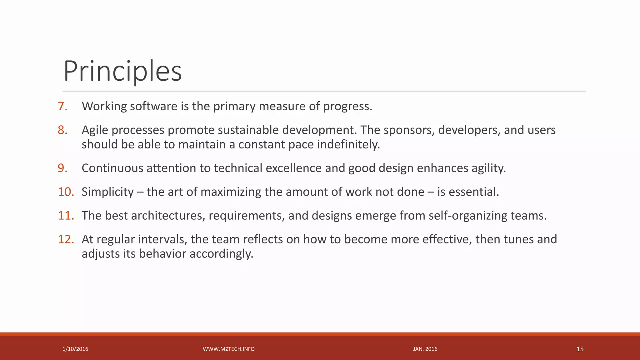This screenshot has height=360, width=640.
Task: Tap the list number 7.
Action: pyautogui.click(x=62, y=106)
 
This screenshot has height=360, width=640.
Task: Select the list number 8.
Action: pyautogui.click(x=62, y=130)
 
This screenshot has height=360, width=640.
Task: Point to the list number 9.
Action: pyautogui.click(x=62, y=168)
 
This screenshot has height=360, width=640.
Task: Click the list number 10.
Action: pyautogui.click(x=66, y=192)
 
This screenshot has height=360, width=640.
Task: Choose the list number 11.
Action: pyautogui.click(x=66, y=216)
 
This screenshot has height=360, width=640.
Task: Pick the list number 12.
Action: pyautogui.click(x=66, y=239)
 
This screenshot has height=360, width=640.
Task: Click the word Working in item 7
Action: pyautogui.click(x=104, y=107)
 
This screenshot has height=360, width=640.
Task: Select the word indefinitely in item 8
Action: pyautogui.click(x=348, y=144)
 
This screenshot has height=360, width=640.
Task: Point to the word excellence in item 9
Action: pyautogui.click(x=293, y=168)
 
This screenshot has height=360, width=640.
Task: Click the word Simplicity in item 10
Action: pyautogui.click(x=107, y=192)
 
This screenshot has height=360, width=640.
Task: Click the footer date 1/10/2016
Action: pyautogui.click(x=75, y=349)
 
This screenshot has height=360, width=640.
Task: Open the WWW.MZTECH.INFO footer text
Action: pyautogui.click(x=228, y=349)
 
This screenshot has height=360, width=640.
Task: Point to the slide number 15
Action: pyautogui.click(x=580, y=349)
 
